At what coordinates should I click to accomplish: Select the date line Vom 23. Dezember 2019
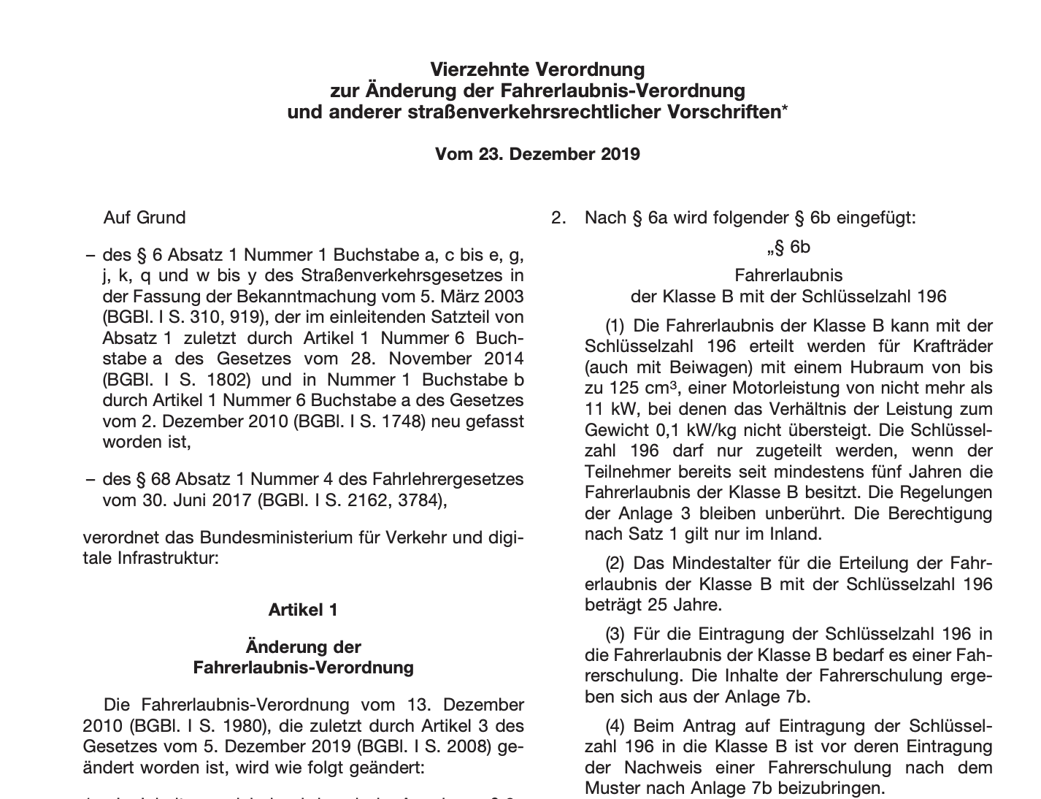coord(537,154)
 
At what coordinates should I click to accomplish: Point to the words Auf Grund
coord(145,218)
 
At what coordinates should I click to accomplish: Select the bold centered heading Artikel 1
coord(303,610)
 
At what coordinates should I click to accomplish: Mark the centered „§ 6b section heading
coord(788,248)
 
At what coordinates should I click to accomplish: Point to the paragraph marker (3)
coord(615,634)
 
